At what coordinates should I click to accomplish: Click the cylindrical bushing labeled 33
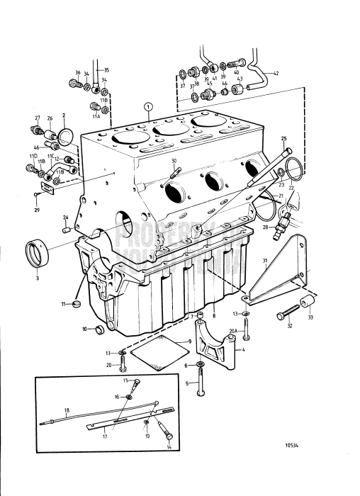tap(309, 305)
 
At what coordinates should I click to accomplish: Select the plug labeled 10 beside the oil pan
tap(100, 329)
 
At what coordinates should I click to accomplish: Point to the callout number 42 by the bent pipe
tap(276, 74)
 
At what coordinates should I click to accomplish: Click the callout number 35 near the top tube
tap(107, 70)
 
